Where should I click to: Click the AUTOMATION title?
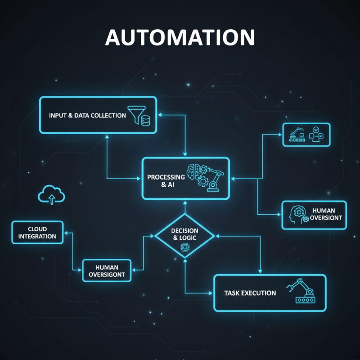click(x=180, y=38)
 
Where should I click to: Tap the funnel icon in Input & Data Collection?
click(x=136, y=115)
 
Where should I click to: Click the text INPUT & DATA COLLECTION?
click(x=87, y=116)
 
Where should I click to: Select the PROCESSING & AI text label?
click(x=166, y=181)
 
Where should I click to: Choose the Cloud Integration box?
click(x=37, y=232)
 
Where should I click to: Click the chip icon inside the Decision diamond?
click(x=184, y=247)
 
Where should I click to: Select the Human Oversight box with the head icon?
click(x=315, y=215)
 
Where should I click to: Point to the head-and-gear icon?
click(x=297, y=214)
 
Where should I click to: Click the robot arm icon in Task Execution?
click(x=299, y=290)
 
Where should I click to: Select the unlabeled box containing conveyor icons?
click(x=306, y=135)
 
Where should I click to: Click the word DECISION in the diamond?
click(x=184, y=231)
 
